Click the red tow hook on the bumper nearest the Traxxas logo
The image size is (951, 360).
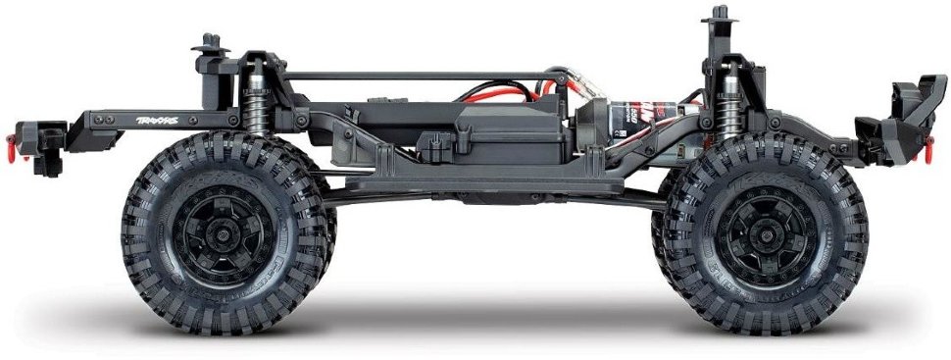(12, 149)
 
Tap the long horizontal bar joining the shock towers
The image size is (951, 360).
(422, 74)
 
